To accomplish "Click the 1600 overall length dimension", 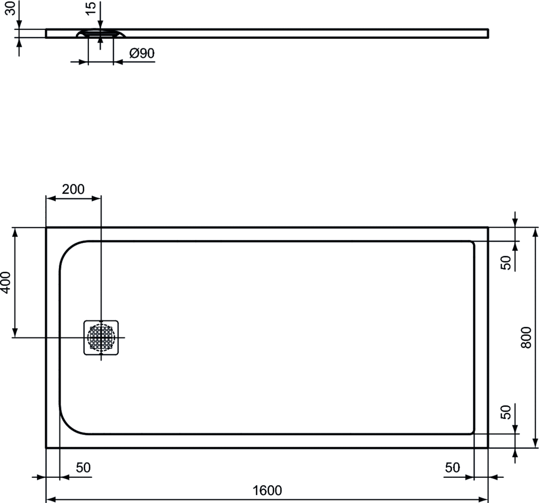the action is click(x=267, y=490).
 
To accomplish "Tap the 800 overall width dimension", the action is click(x=526, y=338).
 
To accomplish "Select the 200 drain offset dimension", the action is click(x=73, y=189).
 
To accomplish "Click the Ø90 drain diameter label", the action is click(x=142, y=53).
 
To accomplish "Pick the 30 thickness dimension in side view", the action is click(x=12, y=8).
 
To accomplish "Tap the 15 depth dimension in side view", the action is click(x=91, y=8).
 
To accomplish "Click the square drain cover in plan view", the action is click(x=101, y=337).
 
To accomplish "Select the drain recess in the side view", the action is click(x=101, y=33).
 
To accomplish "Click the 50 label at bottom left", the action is click(x=83, y=468).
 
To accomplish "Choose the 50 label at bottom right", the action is click(x=452, y=468).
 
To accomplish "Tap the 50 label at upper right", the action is click(x=506, y=263).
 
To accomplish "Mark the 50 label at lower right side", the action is click(x=506, y=412).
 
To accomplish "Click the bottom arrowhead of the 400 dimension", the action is click(x=15, y=333).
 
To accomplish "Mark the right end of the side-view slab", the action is click(x=488, y=33).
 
